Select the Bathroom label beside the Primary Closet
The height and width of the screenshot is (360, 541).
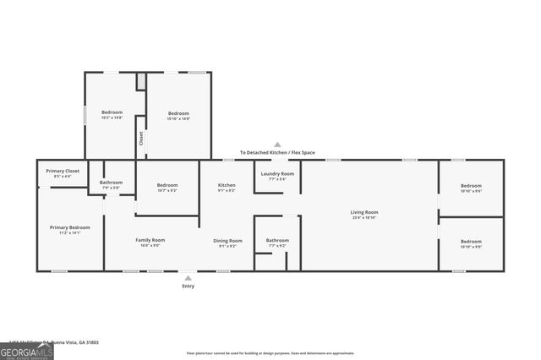[x=111, y=182]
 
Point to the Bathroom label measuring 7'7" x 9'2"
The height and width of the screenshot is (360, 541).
[x=277, y=240]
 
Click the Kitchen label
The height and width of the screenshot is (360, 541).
[x=227, y=185]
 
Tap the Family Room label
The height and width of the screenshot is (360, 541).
[x=150, y=240]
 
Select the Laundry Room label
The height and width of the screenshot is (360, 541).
[x=277, y=173]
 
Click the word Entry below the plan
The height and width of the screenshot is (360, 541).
[x=188, y=286]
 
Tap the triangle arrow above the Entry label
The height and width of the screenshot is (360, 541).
[x=188, y=277]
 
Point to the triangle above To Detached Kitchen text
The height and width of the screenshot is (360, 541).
[x=277, y=145]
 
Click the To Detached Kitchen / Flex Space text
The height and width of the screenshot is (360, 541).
[x=277, y=152]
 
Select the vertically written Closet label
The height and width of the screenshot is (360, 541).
[x=141, y=139]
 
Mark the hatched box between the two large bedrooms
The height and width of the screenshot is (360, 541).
[x=142, y=80]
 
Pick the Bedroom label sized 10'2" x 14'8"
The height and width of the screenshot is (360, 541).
[x=112, y=112]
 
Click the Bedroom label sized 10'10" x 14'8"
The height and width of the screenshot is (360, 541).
[x=178, y=113]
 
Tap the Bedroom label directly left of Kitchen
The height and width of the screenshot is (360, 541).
[x=167, y=185]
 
